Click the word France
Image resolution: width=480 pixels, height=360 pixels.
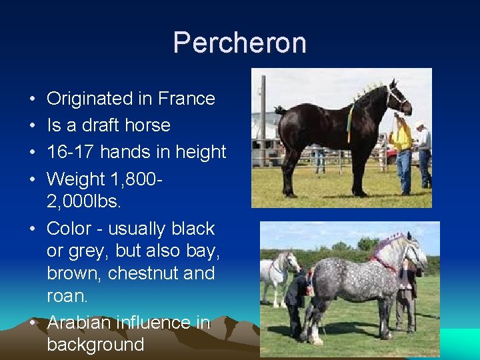(187, 99)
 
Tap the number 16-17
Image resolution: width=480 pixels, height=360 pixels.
(71, 152)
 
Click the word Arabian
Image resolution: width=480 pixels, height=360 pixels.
(83, 323)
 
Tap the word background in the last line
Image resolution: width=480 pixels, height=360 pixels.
(95, 345)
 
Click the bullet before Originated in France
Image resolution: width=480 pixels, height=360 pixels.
(32, 99)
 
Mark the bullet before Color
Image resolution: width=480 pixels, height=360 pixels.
(32, 229)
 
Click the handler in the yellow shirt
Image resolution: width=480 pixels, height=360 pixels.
(402, 150)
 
